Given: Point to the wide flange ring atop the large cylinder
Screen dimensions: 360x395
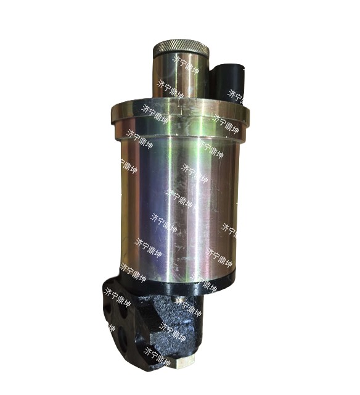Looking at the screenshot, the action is coord(180,110).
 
